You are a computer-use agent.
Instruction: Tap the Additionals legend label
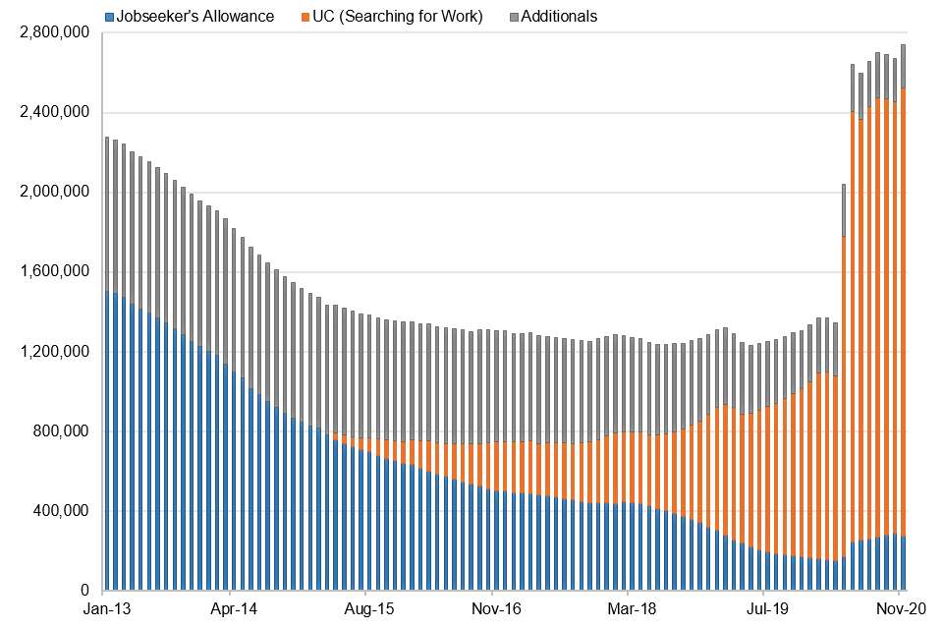pos(561,17)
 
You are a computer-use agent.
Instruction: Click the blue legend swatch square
pos(109,17)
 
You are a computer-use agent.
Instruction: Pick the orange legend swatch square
pos(306,17)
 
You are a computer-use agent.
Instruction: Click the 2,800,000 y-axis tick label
pos(55,33)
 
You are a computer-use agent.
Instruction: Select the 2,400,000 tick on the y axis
pos(55,113)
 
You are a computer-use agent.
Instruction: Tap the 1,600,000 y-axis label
pos(55,272)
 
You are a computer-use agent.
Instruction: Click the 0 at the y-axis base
pos(86,591)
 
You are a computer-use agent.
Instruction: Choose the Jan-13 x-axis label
pos(102,609)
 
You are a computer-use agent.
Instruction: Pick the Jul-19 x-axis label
pos(762,609)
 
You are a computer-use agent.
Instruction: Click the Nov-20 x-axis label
pos(898,609)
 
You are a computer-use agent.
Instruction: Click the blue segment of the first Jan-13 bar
pos(107,442)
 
